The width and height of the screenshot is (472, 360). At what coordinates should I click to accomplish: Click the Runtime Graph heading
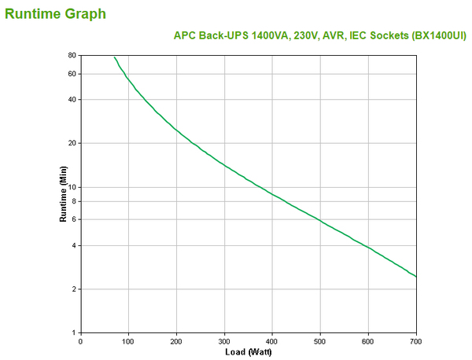pos(55,13)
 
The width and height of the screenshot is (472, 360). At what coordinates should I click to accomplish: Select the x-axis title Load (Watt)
pos(249,351)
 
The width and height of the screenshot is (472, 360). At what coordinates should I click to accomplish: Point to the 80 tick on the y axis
pos(72,56)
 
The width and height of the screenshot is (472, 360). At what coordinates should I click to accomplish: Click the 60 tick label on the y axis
pos(72,74)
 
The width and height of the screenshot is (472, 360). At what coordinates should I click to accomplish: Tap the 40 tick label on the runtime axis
pos(72,99)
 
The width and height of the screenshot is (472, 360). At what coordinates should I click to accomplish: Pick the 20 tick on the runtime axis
pos(72,143)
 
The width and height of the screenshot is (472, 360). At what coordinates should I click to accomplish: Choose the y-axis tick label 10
pos(72,187)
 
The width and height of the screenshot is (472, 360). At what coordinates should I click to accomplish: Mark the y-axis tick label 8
pos(74,201)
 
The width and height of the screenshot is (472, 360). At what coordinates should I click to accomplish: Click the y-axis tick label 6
pos(74,219)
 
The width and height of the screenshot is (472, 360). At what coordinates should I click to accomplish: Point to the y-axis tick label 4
pos(74,245)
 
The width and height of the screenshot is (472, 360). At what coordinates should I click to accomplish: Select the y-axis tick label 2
pos(74,289)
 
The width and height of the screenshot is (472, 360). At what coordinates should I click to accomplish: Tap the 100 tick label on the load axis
pos(128,341)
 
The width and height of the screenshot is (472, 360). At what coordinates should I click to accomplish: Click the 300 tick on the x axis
pos(224,341)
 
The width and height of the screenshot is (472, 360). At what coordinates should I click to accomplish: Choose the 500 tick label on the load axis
pos(320,341)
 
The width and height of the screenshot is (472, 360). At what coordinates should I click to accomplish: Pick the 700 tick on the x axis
pos(416,341)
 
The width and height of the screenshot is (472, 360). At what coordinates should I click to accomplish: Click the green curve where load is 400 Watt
pos(272,193)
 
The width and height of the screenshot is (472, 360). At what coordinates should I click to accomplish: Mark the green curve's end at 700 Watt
pos(416,277)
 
